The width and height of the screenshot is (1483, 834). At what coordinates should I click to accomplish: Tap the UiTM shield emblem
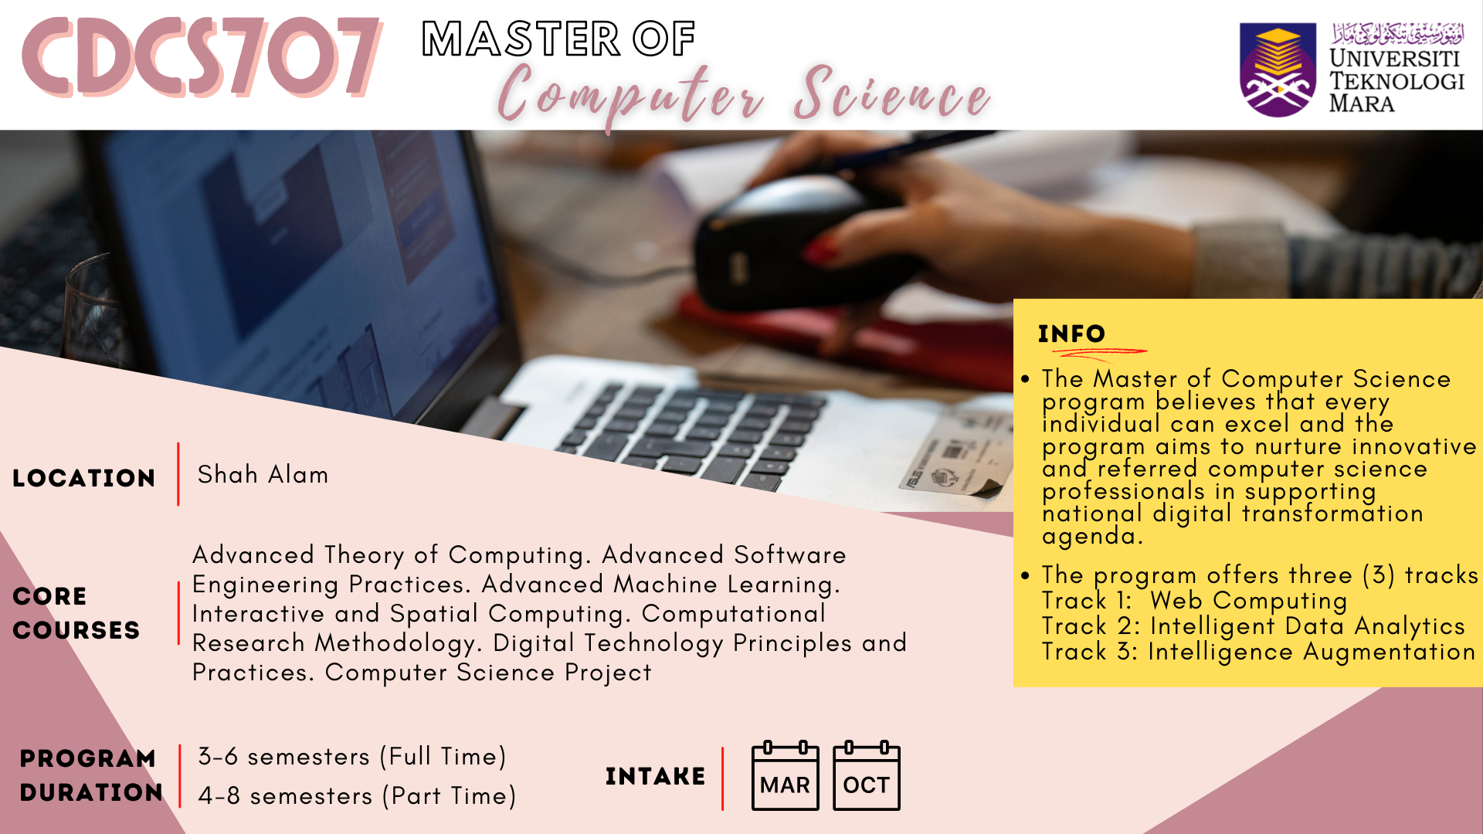(1278, 69)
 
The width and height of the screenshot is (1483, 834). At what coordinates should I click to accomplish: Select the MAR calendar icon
(785, 775)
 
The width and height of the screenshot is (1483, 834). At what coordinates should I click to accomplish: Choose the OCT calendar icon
(866, 775)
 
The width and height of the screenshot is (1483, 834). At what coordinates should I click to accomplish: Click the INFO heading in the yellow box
(1072, 334)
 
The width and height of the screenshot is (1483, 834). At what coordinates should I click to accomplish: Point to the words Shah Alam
(263, 474)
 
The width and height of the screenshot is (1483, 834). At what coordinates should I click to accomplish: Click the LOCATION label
(84, 478)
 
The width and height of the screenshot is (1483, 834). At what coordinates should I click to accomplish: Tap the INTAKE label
(655, 776)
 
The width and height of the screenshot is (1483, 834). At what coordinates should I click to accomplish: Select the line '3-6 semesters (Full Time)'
(352, 756)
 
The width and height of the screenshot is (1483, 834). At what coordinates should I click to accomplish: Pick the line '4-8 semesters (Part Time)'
(357, 795)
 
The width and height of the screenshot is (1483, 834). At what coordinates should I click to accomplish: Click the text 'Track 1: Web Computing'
(1194, 601)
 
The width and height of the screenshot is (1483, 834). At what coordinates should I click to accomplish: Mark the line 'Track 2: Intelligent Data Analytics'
(1253, 626)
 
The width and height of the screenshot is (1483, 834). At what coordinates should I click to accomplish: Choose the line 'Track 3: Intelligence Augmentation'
(1258, 652)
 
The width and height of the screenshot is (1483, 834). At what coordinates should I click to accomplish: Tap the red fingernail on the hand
(822, 250)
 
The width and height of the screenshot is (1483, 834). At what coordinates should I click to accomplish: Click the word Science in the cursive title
(892, 94)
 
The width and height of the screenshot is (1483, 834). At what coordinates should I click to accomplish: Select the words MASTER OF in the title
(558, 39)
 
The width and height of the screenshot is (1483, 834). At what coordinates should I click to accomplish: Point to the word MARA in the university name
(1362, 103)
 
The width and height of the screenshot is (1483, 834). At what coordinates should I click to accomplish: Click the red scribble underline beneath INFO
(1099, 354)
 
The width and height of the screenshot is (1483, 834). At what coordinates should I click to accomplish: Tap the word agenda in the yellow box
(1091, 536)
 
